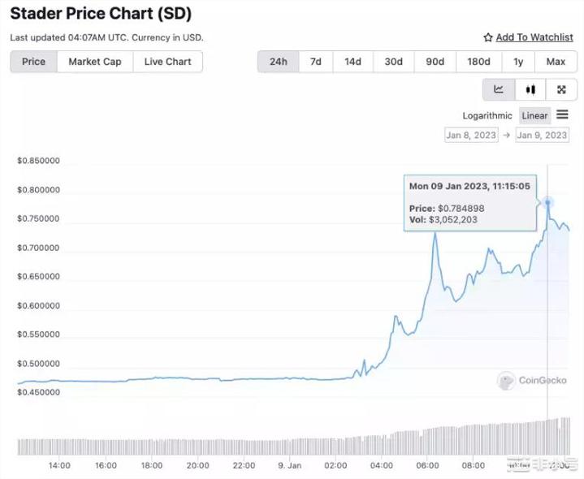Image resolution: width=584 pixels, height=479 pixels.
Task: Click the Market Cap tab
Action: pyautogui.click(x=94, y=62)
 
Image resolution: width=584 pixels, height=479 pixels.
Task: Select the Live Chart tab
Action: pyautogui.click(x=167, y=62)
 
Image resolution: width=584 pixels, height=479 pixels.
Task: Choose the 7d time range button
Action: pyautogui.click(x=316, y=62)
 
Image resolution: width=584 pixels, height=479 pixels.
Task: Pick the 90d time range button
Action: pyautogui.click(x=435, y=62)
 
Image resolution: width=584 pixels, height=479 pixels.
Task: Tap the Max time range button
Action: pyautogui.click(x=556, y=62)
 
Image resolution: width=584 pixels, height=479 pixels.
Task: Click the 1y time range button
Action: pyautogui.click(x=518, y=62)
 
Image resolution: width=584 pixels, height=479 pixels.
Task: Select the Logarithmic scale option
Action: pyautogui.click(x=487, y=116)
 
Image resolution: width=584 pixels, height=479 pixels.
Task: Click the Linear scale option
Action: pyautogui.click(x=534, y=116)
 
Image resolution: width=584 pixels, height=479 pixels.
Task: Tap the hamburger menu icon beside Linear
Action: pyautogui.click(x=562, y=115)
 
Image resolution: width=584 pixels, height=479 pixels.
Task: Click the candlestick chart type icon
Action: pyautogui.click(x=530, y=89)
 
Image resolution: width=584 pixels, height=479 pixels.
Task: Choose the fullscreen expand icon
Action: pyautogui.click(x=560, y=89)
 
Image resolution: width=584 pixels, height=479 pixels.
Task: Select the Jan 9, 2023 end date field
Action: pyautogui.click(x=542, y=135)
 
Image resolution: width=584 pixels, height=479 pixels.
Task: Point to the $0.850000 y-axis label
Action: pyautogui.click(x=38, y=161)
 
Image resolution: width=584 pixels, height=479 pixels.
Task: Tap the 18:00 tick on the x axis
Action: pyautogui.click(x=152, y=466)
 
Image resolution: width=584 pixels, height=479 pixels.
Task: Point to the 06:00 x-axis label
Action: pyautogui.click(x=427, y=466)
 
